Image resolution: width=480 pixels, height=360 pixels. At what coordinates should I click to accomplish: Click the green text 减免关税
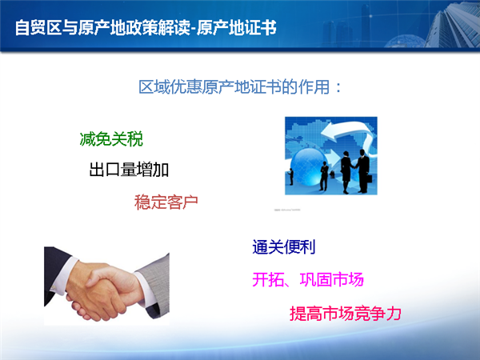click(x=111, y=139)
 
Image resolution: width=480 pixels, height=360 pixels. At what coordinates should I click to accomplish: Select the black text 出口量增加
click(x=129, y=170)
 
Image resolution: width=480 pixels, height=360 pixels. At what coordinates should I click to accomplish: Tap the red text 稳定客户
click(x=166, y=202)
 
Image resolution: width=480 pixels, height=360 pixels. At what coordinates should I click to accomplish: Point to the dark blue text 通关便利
click(x=284, y=246)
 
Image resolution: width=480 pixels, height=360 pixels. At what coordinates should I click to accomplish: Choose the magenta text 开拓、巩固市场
click(x=308, y=279)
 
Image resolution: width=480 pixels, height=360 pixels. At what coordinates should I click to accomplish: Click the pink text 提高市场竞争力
click(x=346, y=314)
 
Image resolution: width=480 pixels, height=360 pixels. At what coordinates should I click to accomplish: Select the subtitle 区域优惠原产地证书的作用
click(x=234, y=87)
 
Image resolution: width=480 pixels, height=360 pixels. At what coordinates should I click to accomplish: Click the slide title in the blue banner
click(x=146, y=27)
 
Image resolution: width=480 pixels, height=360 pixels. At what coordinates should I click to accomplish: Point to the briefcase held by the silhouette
click(x=369, y=178)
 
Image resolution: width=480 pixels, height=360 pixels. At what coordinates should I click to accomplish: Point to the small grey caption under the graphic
click(x=287, y=210)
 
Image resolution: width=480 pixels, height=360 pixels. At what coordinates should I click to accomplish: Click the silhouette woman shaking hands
click(x=346, y=172)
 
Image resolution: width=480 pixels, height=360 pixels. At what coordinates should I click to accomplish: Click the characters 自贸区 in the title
click(x=38, y=27)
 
